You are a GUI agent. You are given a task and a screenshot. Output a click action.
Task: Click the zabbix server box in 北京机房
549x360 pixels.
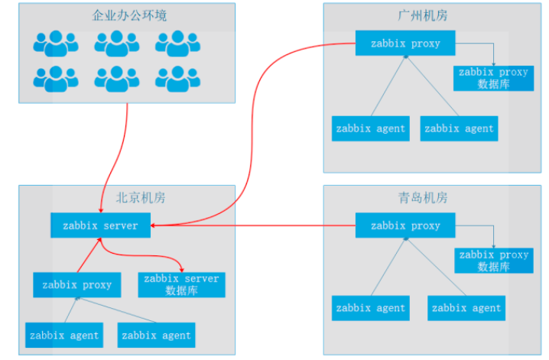[x=100, y=225]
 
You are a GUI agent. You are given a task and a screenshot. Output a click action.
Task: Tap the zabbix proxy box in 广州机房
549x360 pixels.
[x=405, y=44]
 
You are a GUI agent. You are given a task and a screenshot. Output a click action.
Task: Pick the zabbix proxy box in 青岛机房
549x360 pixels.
[x=405, y=225]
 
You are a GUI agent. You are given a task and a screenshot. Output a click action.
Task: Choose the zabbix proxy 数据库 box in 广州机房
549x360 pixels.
[x=493, y=78]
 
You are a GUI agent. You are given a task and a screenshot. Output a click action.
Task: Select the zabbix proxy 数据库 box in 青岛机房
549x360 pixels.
[x=493, y=261]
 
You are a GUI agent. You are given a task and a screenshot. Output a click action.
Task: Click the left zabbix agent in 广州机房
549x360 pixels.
[x=370, y=128]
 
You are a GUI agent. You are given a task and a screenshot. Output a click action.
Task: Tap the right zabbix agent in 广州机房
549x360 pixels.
[x=459, y=128]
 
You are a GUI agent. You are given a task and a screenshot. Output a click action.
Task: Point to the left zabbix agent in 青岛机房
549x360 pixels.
[x=370, y=308]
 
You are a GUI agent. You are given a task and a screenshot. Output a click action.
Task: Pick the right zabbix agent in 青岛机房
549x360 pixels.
[x=466, y=308]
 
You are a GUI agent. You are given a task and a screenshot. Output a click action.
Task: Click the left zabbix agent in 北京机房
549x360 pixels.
[x=63, y=335]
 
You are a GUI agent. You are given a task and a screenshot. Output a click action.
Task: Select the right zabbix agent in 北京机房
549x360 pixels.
[x=157, y=335]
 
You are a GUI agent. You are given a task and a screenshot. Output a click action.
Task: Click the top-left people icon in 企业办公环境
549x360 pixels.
[x=55, y=44]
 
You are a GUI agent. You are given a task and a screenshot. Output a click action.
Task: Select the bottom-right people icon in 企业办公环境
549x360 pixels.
[x=177, y=79]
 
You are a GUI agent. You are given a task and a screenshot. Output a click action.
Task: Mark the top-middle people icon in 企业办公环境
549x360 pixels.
[x=116, y=44]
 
